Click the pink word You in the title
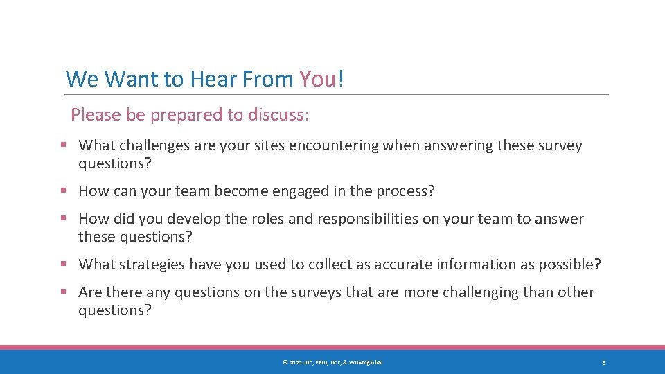tap(318, 80)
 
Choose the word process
tap(407, 192)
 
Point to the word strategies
tap(152, 265)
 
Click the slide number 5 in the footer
tap(604, 363)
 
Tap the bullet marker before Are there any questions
tap(63, 292)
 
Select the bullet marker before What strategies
tap(63, 265)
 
